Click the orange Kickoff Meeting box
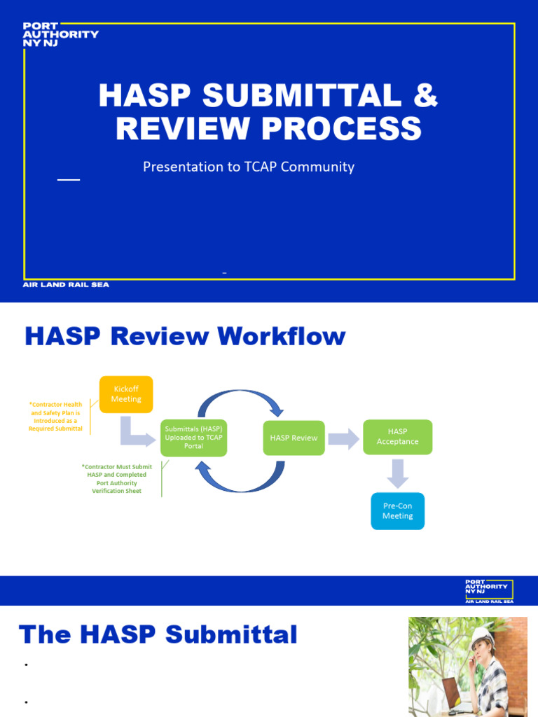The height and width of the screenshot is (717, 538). pyautogui.click(x=126, y=394)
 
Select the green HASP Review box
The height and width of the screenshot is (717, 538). pyautogui.click(x=294, y=438)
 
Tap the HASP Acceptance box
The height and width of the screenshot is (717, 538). pyautogui.click(x=397, y=437)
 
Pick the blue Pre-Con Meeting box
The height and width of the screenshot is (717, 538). pyautogui.click(x=397, y=511)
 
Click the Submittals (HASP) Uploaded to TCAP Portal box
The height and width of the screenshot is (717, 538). pyautogui.click(x=193, y=438)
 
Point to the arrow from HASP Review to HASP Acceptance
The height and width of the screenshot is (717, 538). pyautogui.click(x=343, y=439)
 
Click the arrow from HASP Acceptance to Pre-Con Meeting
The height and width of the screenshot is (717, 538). pyautogui.click(x=397, y=473)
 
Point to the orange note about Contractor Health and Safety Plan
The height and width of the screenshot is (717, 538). pyautogui.click(x=56, y=417)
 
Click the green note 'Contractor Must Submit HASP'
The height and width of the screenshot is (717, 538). pyautogui.click(x=116, y=479)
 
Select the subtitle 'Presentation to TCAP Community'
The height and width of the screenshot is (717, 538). pyautogui.click(x=249, y=167)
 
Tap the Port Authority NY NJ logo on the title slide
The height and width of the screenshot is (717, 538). pyautogui.click(x=60, y=33)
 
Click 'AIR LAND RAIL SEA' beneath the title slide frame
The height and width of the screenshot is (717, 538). pyautogui.click(x=67, y=285)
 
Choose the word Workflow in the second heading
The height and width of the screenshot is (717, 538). pyautogui.click(x=281, y=337)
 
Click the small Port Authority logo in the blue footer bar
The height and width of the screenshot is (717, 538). pyautogui.click(x=489, y=591)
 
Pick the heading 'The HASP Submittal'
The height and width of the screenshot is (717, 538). pyautogui.click(x=158, y=635)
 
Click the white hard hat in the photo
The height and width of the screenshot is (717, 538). pyautogui.click(x=482, y=636)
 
